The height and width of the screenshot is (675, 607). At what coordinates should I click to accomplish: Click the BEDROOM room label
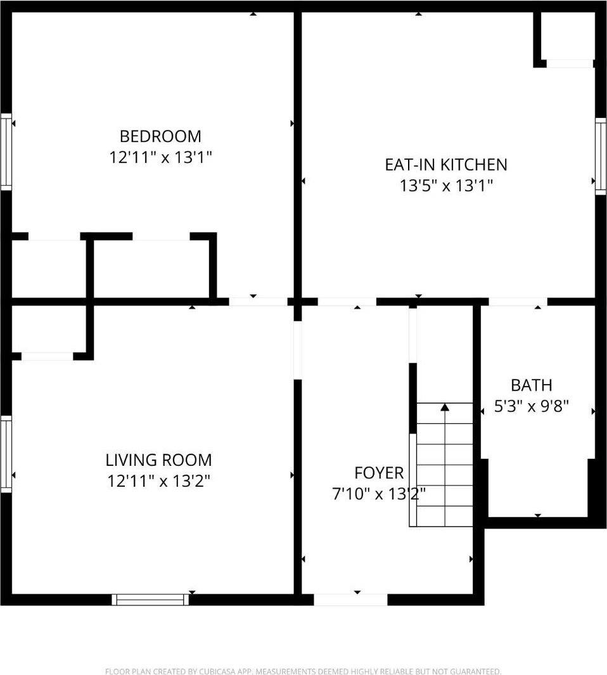(160, 136)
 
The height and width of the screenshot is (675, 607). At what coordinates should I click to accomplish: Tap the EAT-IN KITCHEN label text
(446, 165)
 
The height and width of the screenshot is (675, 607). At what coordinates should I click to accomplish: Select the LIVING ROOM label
(158, 460)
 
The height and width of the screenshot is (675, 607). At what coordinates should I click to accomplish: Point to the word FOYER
(378, 473)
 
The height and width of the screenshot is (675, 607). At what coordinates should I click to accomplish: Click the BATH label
(532, 385)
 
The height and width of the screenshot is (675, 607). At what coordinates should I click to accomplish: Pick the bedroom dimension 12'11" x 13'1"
(160, 157)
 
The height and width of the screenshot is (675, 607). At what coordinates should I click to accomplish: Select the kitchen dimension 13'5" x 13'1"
(446, 186)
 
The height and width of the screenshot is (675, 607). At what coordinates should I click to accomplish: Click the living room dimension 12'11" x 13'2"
(158, 481)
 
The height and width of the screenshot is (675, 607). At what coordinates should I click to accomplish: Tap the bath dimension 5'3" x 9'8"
(532, 406)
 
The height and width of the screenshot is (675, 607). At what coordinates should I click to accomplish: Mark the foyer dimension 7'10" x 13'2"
(378, 494)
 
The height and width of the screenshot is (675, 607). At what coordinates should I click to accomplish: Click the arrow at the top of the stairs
(445, 407)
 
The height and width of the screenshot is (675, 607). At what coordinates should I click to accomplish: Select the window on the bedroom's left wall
(6, 152)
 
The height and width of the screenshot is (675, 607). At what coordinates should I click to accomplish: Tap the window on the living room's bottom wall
(150, 599)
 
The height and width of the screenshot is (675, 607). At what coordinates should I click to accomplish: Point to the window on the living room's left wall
(6, 453)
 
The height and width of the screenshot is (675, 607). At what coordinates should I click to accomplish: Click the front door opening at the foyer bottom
(350, 599)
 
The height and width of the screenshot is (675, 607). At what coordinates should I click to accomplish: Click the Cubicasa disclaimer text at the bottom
(303, 671)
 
